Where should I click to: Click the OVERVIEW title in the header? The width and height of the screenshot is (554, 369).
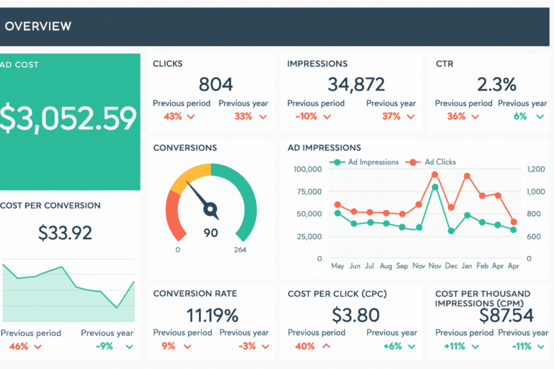(38, 26)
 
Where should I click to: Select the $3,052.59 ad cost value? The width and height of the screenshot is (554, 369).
(69, 117)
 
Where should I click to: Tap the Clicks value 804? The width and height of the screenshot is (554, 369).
(215, 84)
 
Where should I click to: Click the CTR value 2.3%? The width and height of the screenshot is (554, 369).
(497, 84)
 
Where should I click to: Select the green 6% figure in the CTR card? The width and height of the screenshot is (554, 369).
(520, 116)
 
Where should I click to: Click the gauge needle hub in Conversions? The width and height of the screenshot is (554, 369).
(211, 210)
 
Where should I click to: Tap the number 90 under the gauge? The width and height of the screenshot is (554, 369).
(211, 233)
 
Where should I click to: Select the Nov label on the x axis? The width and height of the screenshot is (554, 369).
(418, 266)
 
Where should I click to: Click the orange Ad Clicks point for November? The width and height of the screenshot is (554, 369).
(435, 174)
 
